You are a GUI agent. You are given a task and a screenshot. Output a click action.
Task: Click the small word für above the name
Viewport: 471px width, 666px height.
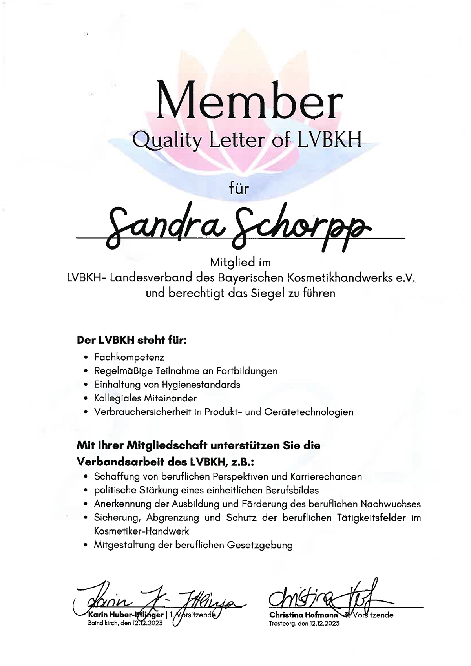pyautogui.click(x=239, y=189)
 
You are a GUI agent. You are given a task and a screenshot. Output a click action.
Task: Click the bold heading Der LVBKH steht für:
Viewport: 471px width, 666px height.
pyautogui.click(x=131, y=340)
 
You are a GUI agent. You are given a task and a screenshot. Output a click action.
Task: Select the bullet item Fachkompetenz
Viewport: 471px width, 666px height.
pyautogui.click(x=129, y=357)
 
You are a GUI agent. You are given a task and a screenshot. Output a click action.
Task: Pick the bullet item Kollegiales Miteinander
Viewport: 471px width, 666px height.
pyautogui.click(x=145, y=398)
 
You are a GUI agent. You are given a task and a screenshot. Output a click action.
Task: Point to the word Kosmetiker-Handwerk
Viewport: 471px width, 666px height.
pyautogui.click(x=141, y=531)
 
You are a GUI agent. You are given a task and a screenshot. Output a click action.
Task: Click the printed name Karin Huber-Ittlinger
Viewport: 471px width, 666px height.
pyautogui.click(x=126, y=615)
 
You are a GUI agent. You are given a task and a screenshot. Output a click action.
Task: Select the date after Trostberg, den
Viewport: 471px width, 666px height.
pyautogui.click(x=324, y=623)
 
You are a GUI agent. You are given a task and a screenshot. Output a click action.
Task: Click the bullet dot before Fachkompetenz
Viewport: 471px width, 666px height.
pyautogui.click(x=86, y=358)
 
